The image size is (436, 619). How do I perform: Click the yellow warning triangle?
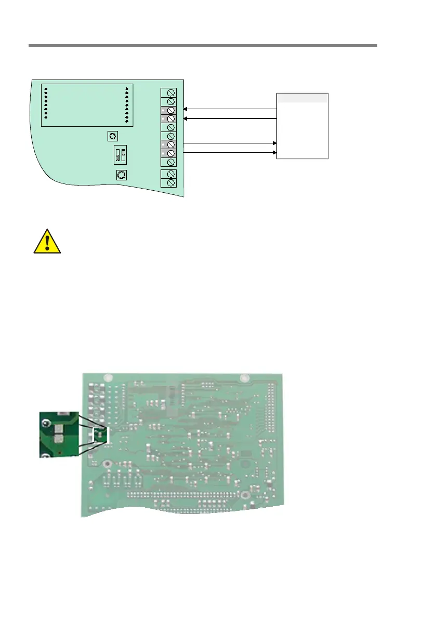click(x=47, y=242)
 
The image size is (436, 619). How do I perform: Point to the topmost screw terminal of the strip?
click(x=171, y=93)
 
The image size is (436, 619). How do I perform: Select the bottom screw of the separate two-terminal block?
click(x=171, y=182)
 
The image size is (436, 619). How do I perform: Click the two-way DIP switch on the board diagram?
click(x=121, y=155)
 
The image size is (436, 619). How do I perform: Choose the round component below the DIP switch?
click(x=121, y=176)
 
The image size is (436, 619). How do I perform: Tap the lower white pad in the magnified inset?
click(x=58, y=442)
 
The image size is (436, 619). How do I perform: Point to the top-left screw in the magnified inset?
click(x=47, y=424)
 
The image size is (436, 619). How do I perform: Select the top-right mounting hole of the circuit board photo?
click(x=242, y=377)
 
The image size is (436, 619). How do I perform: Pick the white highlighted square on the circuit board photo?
click(x=100, y=435)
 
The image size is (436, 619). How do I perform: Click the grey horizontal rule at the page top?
click(x=202, y=46)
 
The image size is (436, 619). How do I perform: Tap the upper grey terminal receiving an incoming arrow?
click(x=168, y=110)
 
